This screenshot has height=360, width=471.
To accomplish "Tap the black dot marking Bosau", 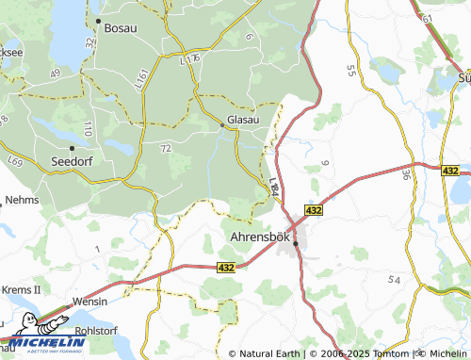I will coord(99,20).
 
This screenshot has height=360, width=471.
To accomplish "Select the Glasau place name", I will coord(243,123).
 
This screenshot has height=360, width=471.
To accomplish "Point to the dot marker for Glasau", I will coord(222,123).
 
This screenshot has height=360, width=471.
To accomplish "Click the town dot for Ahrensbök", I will coord(295,243).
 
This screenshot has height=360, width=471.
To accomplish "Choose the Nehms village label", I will coord(22,201).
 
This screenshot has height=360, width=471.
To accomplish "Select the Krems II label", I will coord(22,288).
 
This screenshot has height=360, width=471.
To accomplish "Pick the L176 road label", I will coord(191,58).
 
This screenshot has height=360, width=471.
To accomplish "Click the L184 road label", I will coord(273,187).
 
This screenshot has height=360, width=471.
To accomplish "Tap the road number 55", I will coord(352,70).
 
